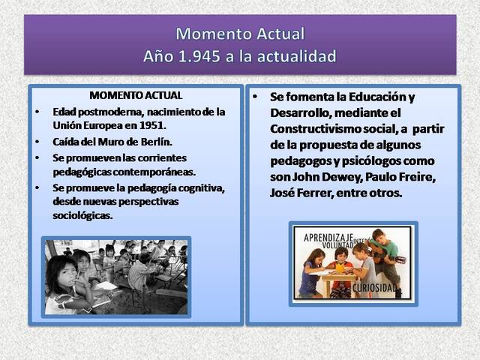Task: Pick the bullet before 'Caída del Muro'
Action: pyautogui.click(x=39, y=142)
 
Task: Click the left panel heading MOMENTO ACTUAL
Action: pyautogui.click(x=135, y=97)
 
